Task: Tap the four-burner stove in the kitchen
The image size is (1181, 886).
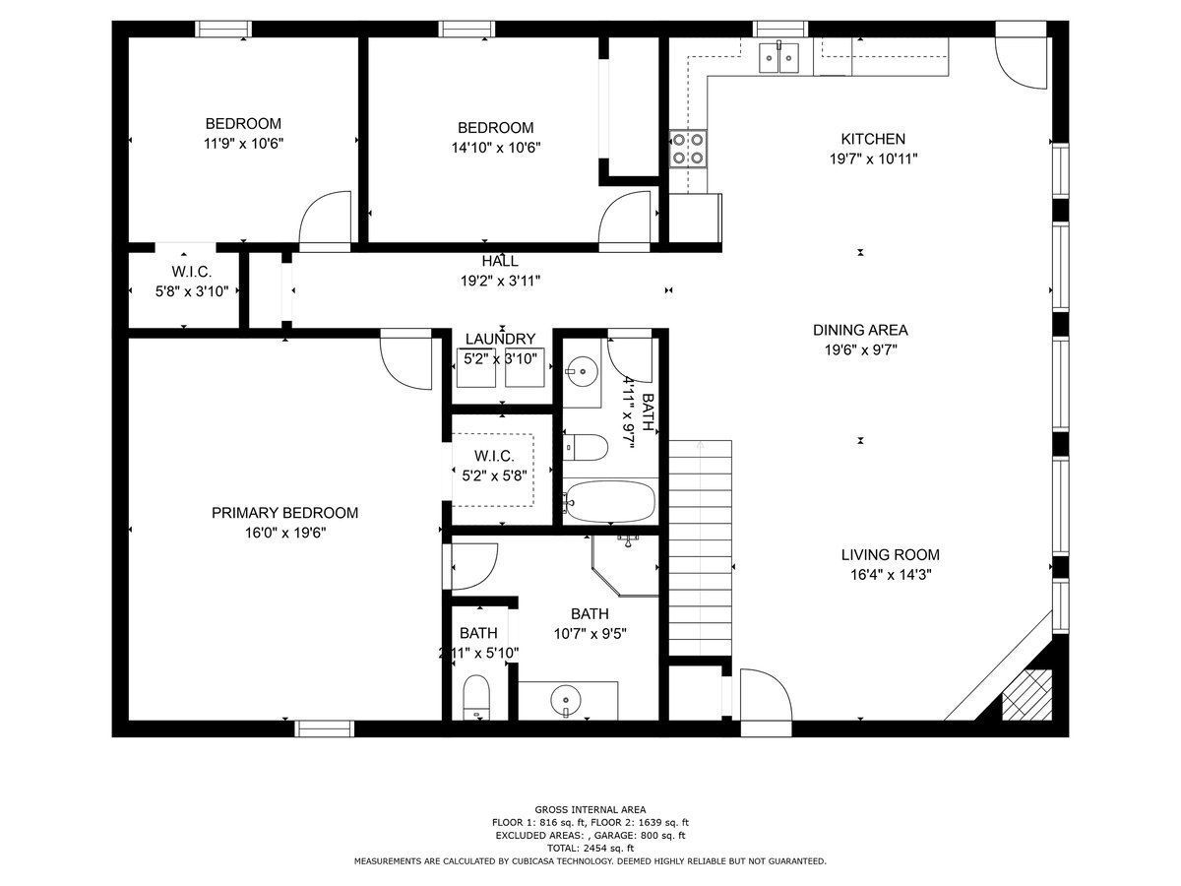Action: click(x=688, y=148)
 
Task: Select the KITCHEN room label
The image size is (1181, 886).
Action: click(x=872, y=139)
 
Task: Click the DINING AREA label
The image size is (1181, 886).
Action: click(x=859, y=331)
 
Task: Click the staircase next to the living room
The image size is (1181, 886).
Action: click(x=702, y=546)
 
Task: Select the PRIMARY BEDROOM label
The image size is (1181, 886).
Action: click(x=284, y=513)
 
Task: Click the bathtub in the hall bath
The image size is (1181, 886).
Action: click(x=609, y=501)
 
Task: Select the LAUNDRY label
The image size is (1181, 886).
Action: click(x=500, y=340)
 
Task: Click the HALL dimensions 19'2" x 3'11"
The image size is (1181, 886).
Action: click(x=500, y=281)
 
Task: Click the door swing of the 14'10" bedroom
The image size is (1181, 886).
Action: click(x=626, y=218)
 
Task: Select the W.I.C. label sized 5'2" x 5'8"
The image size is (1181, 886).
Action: click(x=493, y=456)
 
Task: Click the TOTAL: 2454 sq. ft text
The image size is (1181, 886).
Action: click(x=590, y=848)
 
